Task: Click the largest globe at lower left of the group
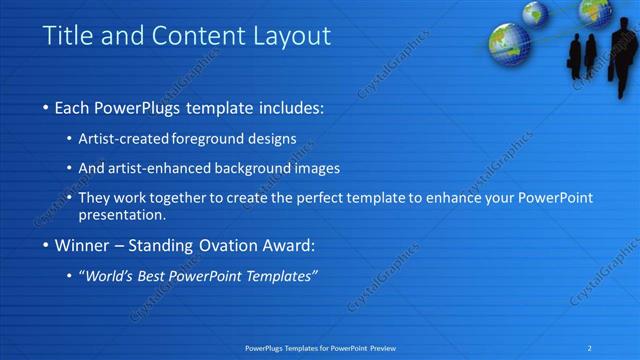509,43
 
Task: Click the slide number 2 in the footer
590,347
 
